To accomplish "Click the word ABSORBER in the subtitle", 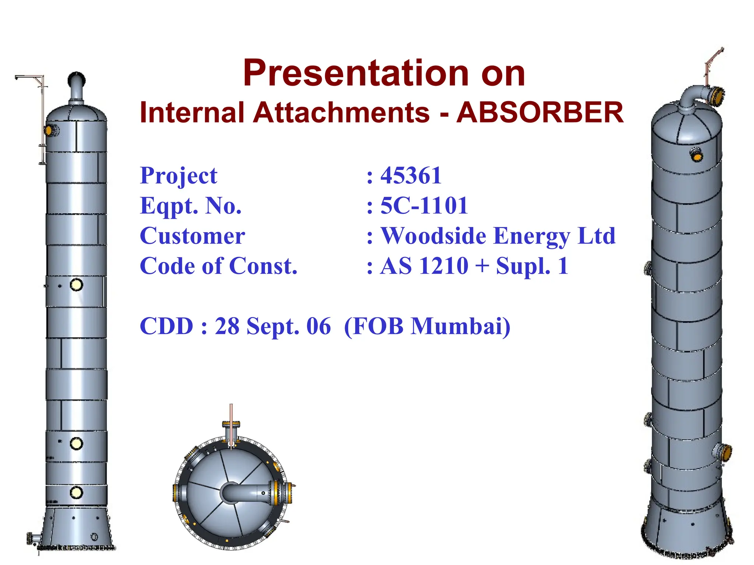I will pos(540,113).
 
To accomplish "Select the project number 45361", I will pos(411,175).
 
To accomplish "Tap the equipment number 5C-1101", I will pos(424,206).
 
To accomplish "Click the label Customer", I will pos(192,236).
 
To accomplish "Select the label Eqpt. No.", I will pos(190,206).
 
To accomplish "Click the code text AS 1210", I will pos(424,266).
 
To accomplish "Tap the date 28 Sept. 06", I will pos(272,326).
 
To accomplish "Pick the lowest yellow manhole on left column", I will pos(76,492).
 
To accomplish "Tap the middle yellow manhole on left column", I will pos(76,443).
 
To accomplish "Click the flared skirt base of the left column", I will pos(76,528).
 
